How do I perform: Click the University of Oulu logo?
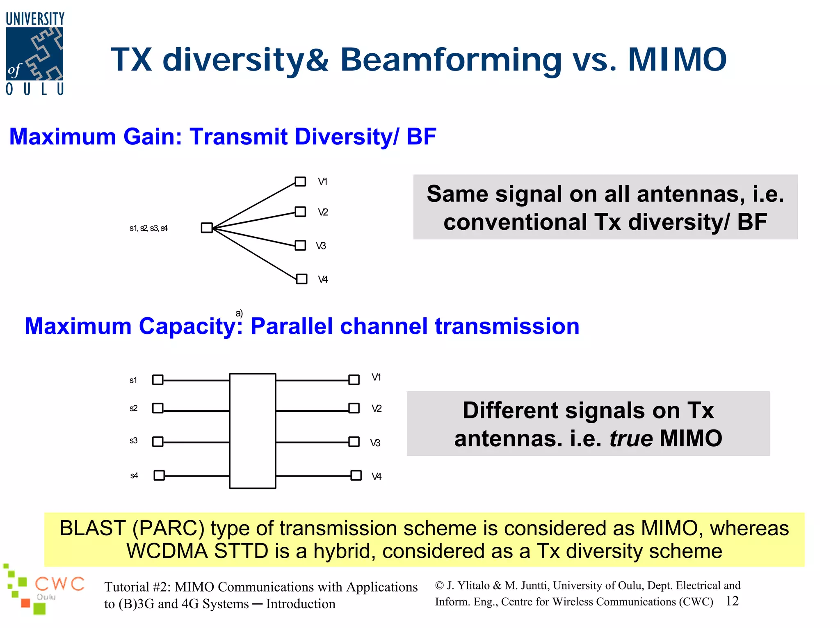coord(35,53)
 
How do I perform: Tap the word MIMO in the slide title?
coord(677,60)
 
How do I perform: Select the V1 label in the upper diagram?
coord(323,182)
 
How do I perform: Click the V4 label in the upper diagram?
coord(323,280)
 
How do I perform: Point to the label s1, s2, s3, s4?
coord(148,228)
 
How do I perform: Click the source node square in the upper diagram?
coord(207,228)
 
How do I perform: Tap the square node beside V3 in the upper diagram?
coord(301,245)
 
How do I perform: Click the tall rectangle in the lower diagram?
coord(252,431)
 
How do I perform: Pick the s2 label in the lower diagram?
coord(133,409)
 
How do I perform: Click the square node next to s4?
coord(159,475)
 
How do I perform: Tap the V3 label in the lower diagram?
coord(375,443)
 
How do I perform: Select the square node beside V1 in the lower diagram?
coord(354,380)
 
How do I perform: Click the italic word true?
coord(631,438)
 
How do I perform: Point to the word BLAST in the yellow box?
coord(92,528)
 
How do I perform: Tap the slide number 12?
coord(732,601)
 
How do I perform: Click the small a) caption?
coord(239,313)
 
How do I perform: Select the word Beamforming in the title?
coord(451,60)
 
